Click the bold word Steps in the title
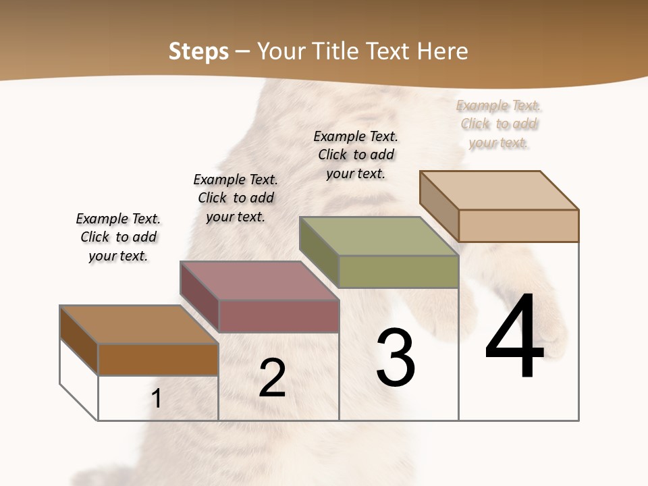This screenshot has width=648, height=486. [198, 51]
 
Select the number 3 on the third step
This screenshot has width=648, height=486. [396, 358]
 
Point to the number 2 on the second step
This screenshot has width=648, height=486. [272, 378]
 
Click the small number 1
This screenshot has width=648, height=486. [157, 399]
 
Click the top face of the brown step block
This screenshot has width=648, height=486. [138, 325]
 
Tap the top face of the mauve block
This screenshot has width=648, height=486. [259, 280]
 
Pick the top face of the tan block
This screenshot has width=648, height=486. [499, 190]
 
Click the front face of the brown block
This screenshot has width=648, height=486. [158, 359]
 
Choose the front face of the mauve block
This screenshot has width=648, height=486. [278, 316]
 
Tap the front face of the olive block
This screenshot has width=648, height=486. [398, 271]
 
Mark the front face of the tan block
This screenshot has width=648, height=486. [518, 225]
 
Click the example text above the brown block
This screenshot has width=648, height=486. [118, 237]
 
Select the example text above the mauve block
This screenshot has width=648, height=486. [236, 198]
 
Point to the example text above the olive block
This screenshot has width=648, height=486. [356, 155]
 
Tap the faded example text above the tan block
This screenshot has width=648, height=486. [499, 124]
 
